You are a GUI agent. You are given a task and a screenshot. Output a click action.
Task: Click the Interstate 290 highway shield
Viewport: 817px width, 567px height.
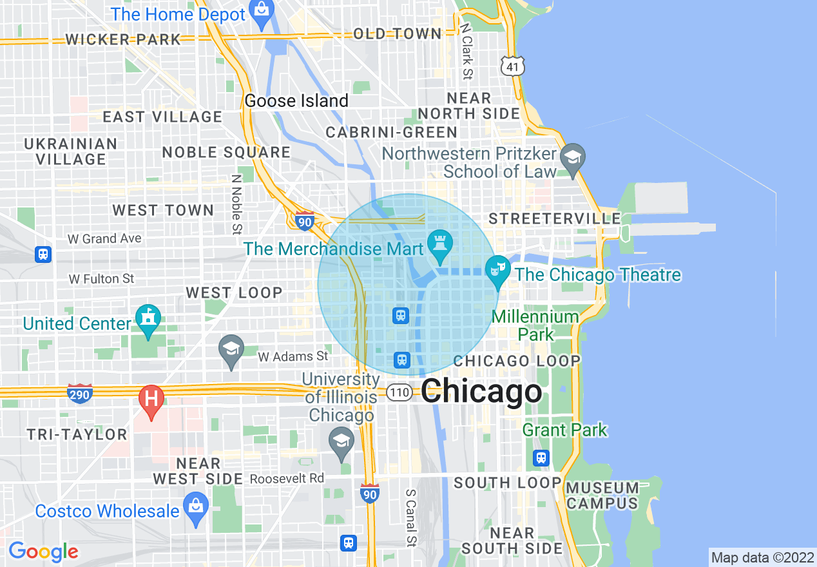coord(79,393)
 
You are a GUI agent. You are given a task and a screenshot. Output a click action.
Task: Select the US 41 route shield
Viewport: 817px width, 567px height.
coord(513,66)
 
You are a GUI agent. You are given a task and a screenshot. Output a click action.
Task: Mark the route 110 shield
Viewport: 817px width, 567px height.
coord(400,392)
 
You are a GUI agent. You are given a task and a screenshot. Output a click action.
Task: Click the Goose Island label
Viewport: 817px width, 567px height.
coord(296,101)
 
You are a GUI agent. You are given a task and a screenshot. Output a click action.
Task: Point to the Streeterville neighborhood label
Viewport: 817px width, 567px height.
coord(553,219)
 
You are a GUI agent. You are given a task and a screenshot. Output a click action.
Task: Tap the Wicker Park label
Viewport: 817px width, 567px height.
coord(123,39)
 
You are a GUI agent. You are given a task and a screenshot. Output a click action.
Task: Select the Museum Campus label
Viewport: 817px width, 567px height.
coord(602,495)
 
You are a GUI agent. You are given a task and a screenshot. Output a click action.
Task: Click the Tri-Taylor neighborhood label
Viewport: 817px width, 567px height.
coord(77,434)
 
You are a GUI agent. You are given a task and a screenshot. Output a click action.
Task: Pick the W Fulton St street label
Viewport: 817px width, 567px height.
coord(102,279)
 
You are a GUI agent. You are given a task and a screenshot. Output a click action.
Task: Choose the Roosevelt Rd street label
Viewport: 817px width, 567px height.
coord(287,479)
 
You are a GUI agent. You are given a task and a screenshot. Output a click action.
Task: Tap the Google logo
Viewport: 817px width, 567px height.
coord(43,552)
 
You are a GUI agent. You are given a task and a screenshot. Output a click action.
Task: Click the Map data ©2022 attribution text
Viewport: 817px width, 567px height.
coord(762,557)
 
